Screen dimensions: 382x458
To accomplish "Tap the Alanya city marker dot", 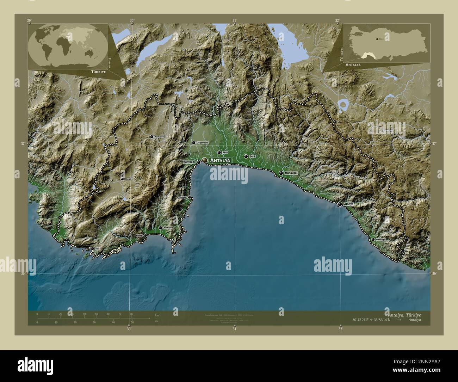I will pyautogui.click(x=340, y=204).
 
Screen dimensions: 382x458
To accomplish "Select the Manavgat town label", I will pyautogui.click(x=292, y=173).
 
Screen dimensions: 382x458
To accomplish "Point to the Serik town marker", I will pyautogui.click(x=246, y=156).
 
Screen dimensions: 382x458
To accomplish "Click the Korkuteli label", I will pyautogui.click(x=157, y=136).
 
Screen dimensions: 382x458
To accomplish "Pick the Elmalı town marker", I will pyautogui.click(x=122, y=179).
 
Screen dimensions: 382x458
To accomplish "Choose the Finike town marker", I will pyautogui.click(x=145, y=235).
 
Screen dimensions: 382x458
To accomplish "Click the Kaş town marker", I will pyautogui.click(x=92, y=248).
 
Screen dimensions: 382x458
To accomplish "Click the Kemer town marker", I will pyautogui.click(x=189, y=197).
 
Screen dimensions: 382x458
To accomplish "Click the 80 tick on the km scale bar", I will pyautogui.click(x=131, y=314).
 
